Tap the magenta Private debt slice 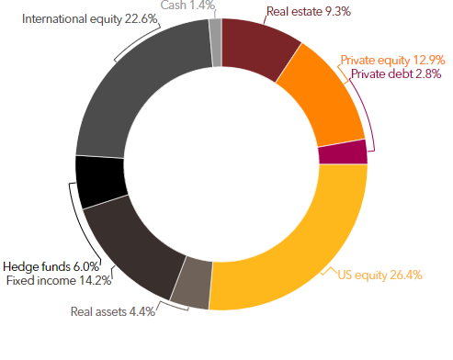pos(343,152)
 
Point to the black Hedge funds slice pos(100,181)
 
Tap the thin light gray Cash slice pos(216,42)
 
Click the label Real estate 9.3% pos(309,12)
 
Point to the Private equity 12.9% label pos(392,61)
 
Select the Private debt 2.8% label pos(396,74)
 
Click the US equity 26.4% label pos(380,276)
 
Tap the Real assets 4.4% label pos(113,311)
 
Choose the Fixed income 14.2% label pos(59,280)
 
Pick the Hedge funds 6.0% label pos(51,266)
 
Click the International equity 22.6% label pos(89,19)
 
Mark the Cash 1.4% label pos(187,5)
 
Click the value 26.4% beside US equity pos(406,275)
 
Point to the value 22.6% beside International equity pos(141,18)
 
